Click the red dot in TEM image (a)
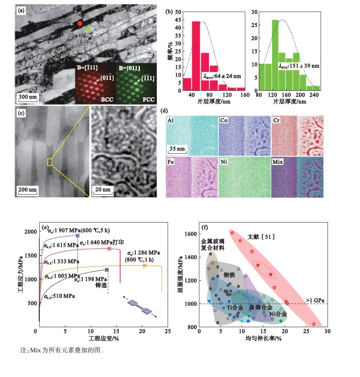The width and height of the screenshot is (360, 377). pyautogui.click(x=80, y=23)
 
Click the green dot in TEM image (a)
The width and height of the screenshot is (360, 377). pyautogui.click(x=88, y=29)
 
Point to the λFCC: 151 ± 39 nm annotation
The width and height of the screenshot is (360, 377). pyautogui.click(x=299, y=66)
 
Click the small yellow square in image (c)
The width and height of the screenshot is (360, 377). pyautogui.click(x=49, y=162)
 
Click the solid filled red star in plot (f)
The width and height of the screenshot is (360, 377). pyautogui.click(x=258, y=265)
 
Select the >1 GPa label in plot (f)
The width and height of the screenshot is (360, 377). pyautogui.click(x=315, y=300)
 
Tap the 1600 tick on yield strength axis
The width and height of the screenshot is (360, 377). pyautogui.click(x=192, y=234)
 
